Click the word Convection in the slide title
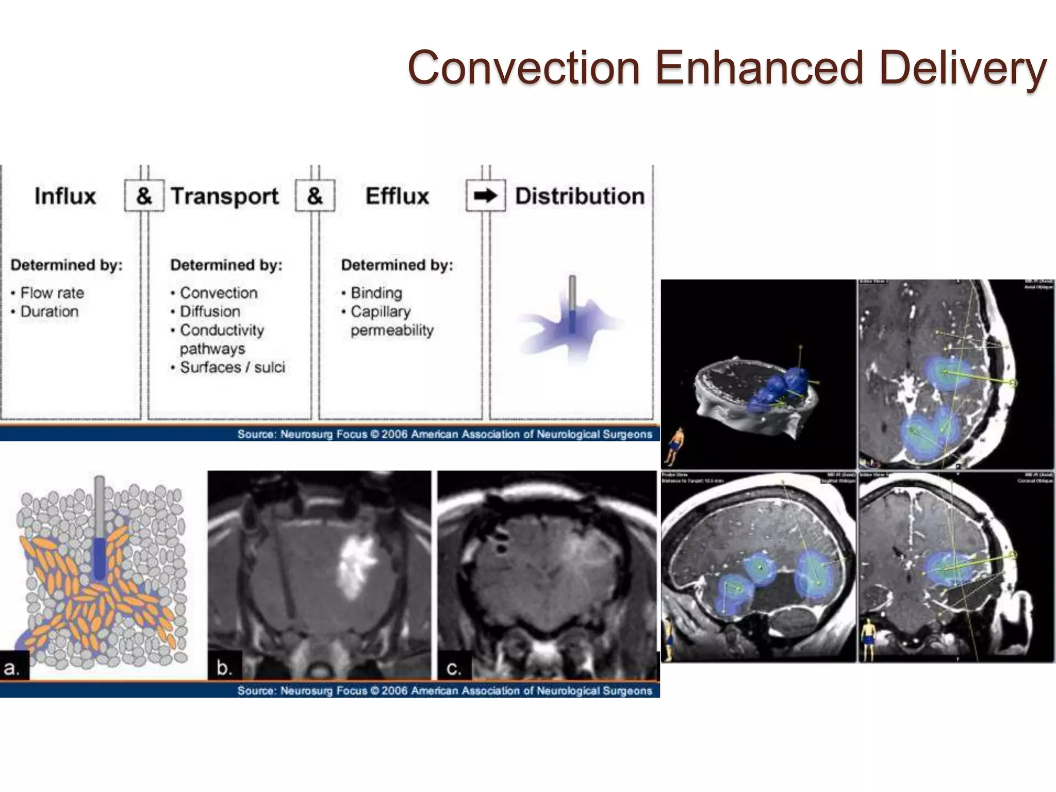click(523, 68)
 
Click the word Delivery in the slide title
click(963, 68)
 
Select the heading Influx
click(65, 196)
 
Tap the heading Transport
click(224, 196)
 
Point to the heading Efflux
click(397, 196)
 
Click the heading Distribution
click(580, 196)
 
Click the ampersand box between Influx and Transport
click(144, 196)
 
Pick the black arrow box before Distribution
click(485, 196)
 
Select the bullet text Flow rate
click(52, 293)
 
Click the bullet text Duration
click(49, 311)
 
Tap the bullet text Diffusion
click(210, 311)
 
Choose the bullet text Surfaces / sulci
click(232, 367)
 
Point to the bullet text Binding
click(376, 293)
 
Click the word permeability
click(392, 330)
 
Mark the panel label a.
click(11, 668)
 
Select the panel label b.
click(224, 668)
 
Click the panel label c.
click(454, 668)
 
